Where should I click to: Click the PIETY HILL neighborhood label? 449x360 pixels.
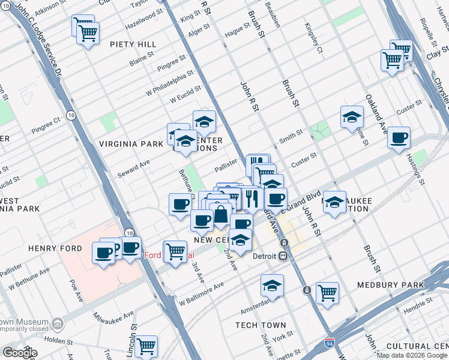pyautogui.click(x=133, y=44)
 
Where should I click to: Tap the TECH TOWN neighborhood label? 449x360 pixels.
pyautogui.click(x=261, y=325)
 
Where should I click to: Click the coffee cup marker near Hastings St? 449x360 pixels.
pyautogui.click(x=399, y=138)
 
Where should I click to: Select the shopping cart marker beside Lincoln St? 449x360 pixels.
pyautogui.click(x=146, y=346)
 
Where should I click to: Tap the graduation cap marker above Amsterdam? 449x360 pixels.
pyautogui.click(x=272, y=286)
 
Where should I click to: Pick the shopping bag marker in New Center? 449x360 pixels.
pyautogui.click(x=221, y=214)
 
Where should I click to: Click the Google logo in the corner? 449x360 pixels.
pyautogui.click(x=19, y=353)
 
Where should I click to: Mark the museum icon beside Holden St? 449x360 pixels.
pyautogui.click(x=58, y=324)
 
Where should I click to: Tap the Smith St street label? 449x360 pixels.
pyautogui.click(x=291, y=139)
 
